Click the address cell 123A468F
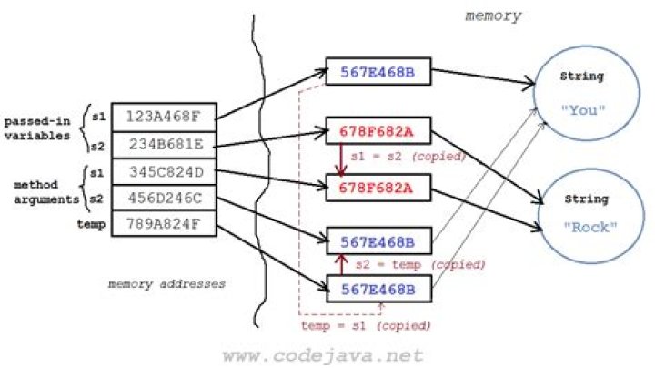tap(165, 117)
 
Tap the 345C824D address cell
tap(165, 169)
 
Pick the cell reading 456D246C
tap(165, 196)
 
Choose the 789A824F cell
tap(165, 222)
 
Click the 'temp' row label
tap(92, 222)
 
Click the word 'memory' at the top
tap(493, 15)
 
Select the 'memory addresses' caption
tap(166, 283)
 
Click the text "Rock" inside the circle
tap(584, 227)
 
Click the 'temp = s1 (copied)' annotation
tap(366, 325)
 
